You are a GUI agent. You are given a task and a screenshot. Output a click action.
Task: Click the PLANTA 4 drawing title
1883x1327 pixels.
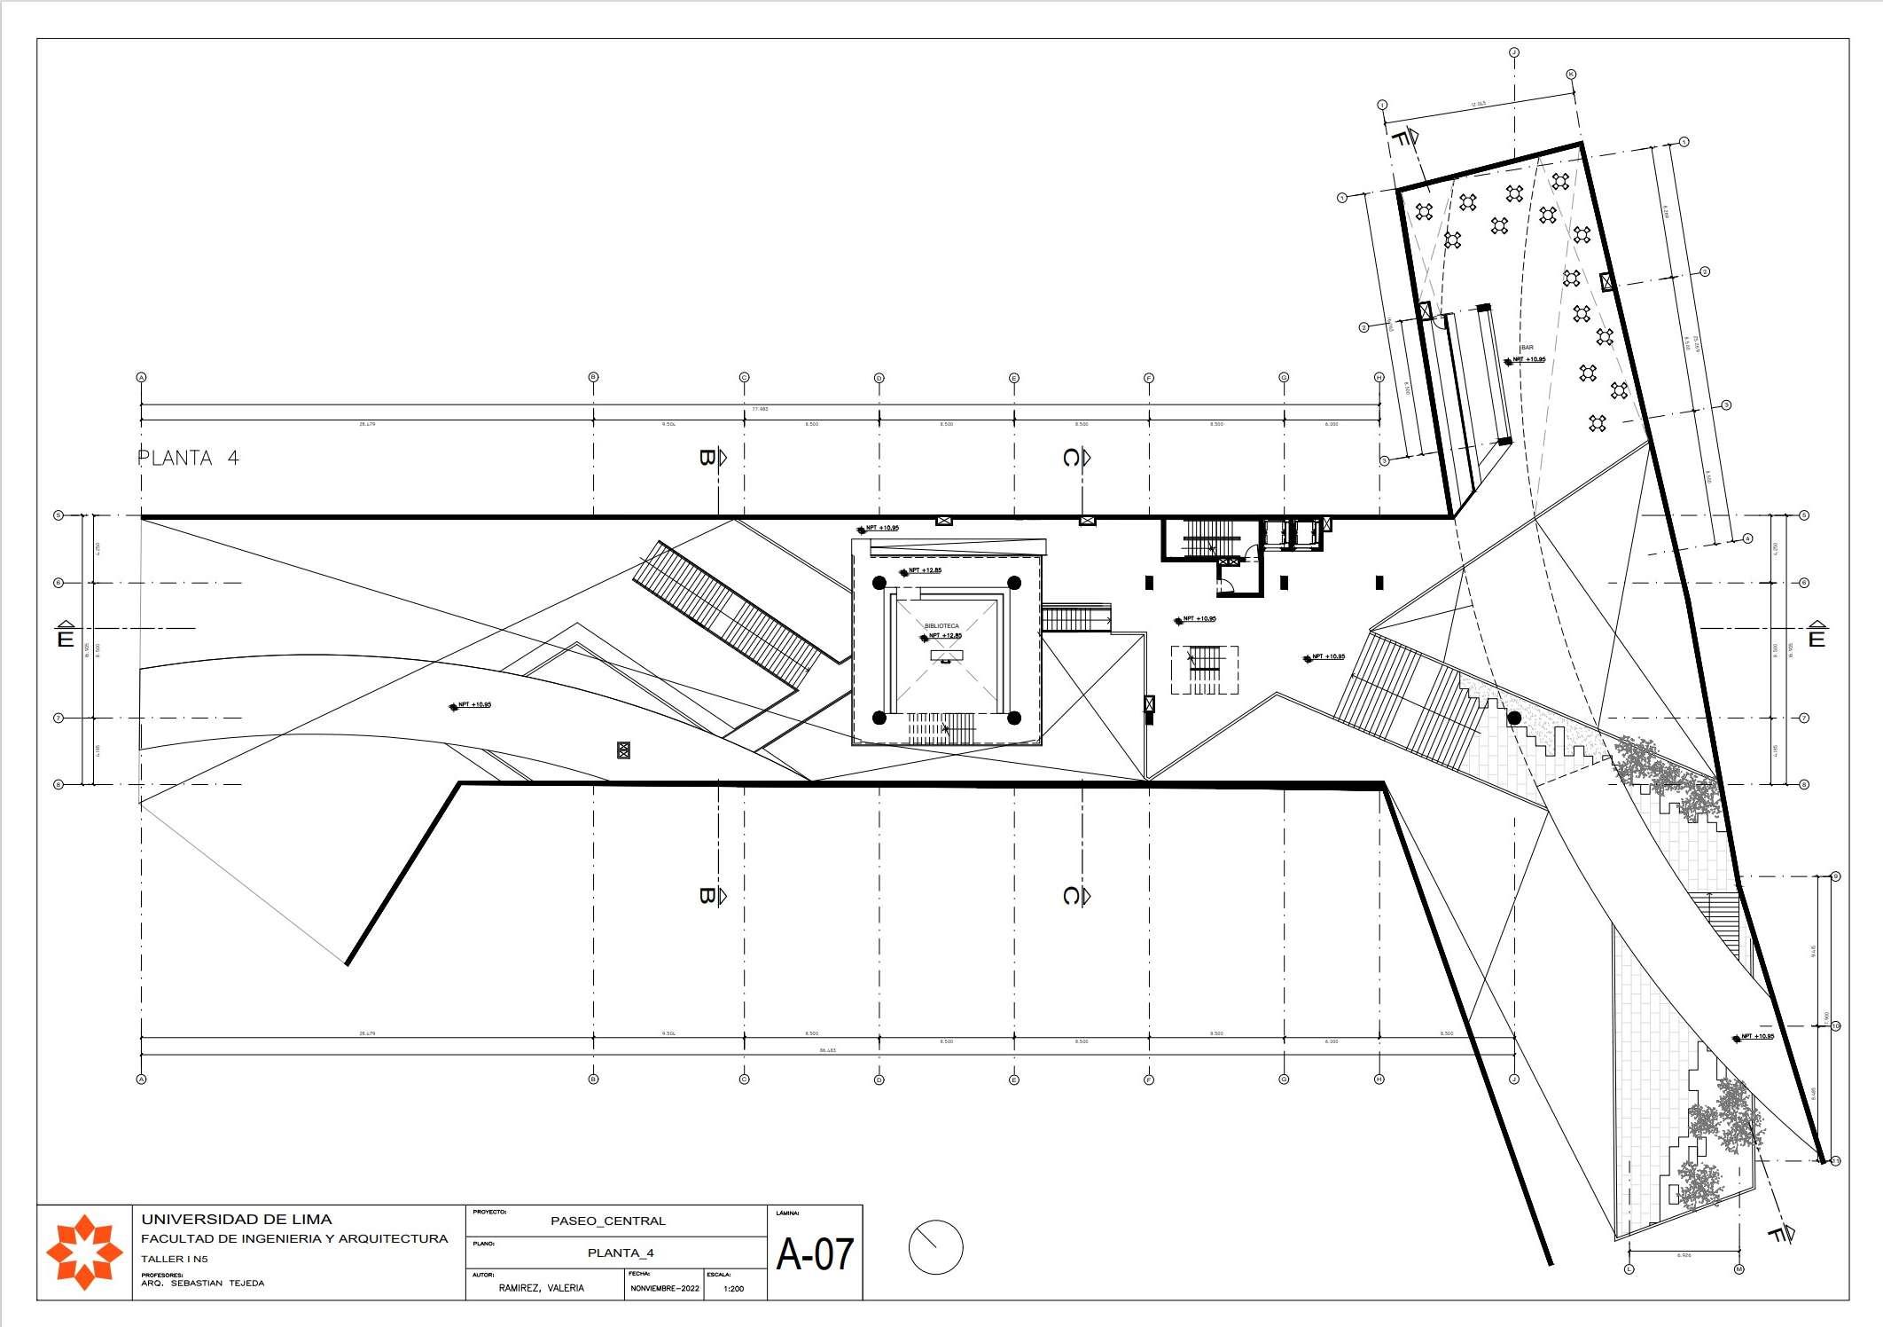coord(188,459)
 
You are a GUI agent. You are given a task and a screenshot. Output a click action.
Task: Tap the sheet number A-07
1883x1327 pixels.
coord(814,1254)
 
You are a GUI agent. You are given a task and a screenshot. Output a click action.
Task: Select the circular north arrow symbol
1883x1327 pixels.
coord(935,1247)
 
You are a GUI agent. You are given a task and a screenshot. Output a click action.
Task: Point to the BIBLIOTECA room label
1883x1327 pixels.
coord(941,626)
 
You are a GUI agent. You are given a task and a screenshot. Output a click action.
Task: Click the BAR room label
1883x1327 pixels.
coord(1527,348)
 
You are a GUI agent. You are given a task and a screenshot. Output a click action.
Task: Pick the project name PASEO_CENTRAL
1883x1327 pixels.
coord(607,1221)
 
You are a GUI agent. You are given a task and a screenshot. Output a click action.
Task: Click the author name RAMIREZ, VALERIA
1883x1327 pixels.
coord(541,1288)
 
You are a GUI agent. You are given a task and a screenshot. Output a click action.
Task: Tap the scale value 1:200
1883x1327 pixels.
coord(734,1288)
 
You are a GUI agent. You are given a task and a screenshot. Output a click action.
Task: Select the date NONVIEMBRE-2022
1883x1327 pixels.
coord(665,1288)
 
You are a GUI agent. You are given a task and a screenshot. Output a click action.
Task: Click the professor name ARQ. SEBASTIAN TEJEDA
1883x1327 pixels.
coord(202,1283)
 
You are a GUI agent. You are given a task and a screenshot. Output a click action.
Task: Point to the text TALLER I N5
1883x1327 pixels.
coord(175,1259)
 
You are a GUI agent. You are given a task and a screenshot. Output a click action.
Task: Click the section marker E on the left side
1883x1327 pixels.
coord(65,636)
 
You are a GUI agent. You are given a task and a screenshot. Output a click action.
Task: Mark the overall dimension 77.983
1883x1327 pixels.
coord(761,409)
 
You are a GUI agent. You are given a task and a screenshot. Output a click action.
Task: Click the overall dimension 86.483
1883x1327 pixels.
coord(827,1050)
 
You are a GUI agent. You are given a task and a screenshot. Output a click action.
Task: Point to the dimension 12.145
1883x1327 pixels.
coord(1477,105)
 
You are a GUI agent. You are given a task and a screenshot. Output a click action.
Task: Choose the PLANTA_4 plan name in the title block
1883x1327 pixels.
coord(621,1253)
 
